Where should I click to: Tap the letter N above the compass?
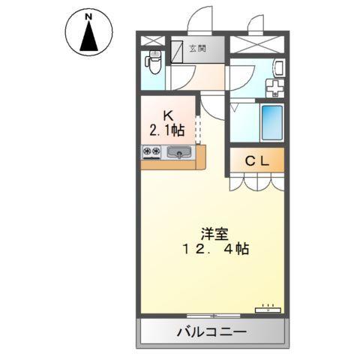tap(88, 16)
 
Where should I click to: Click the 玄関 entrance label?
tap(196, 49)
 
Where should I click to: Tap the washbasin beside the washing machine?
tap(277, 68)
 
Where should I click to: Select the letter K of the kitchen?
tap(168, 115)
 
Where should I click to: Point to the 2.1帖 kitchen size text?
tap(167, 130)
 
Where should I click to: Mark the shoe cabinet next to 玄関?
tap(178, 50)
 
